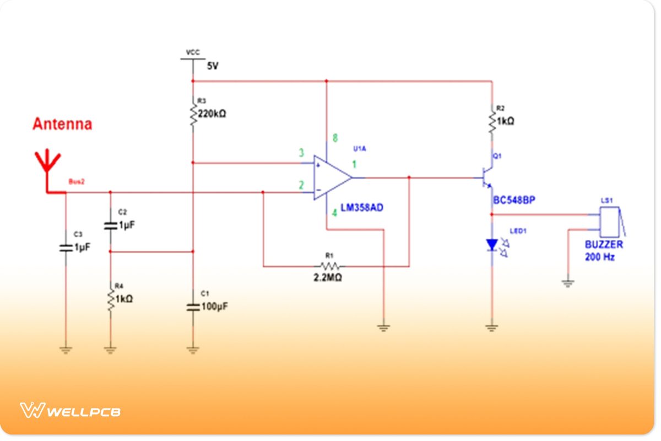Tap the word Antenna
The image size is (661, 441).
[62, 124]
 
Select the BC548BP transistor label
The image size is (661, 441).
[514, 200]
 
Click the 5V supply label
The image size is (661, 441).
[213, 66]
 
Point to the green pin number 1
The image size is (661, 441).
[355, 164]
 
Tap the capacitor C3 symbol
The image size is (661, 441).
[66, 248]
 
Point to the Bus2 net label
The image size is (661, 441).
[77, 181]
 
